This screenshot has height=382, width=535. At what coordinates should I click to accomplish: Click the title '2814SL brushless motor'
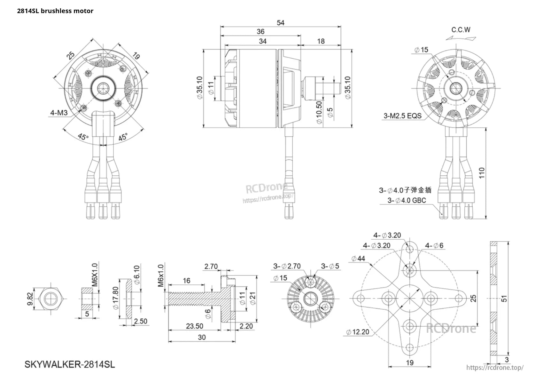[55, 11]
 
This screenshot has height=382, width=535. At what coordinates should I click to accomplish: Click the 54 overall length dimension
[280, 23]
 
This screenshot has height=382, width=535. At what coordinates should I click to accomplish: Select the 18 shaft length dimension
[321, 41]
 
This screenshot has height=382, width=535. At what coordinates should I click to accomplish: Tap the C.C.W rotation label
[461, 30]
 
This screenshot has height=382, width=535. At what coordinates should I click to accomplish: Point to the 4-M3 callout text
[59, 113]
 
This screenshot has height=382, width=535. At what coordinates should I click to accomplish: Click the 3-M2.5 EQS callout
[402, 116]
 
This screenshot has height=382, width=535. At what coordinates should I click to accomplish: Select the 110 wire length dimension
[482, 173]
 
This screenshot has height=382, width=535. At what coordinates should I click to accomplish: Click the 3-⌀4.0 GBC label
[407, 200]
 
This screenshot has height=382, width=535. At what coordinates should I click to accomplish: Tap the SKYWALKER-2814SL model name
[70, 365]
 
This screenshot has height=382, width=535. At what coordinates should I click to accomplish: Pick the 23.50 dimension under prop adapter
[195, 326]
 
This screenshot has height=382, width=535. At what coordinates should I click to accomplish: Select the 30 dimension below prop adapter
[202, 337]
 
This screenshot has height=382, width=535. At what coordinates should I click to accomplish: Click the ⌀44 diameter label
[358, 258]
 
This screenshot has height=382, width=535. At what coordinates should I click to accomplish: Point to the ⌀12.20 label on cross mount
[357, 332]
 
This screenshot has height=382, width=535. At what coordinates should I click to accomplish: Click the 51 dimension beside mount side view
[504, 298]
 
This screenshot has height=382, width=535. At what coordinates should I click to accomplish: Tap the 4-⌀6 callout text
[434, 245]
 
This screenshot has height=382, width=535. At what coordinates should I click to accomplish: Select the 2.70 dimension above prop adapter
[211, 267]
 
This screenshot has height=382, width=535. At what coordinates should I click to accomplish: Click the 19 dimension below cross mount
[409, 362]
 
